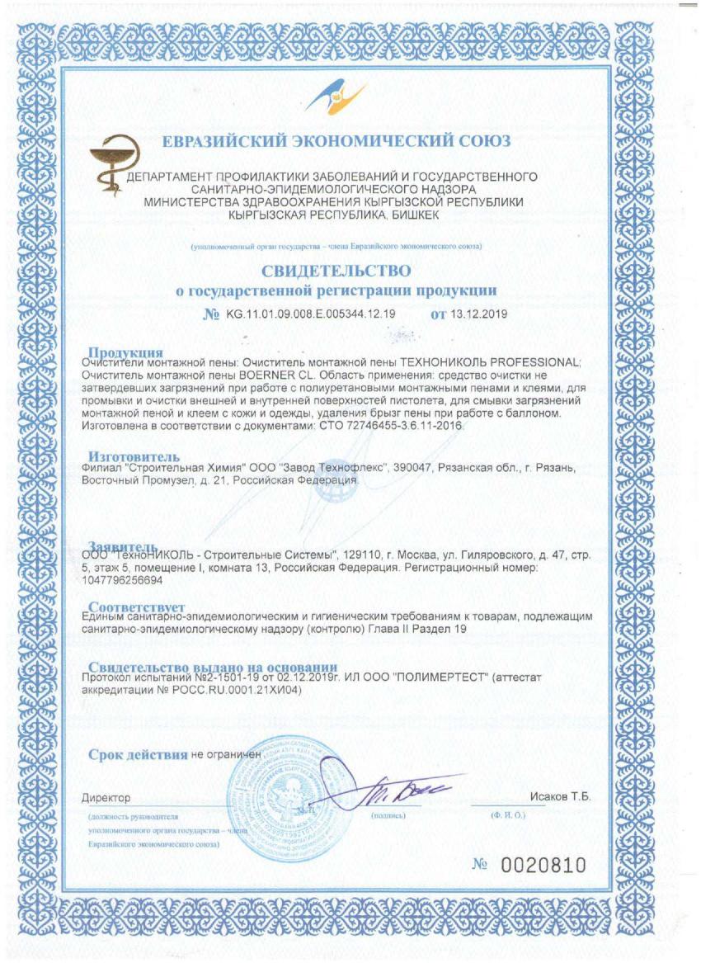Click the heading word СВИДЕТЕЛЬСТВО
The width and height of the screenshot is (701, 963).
tap(336, 271)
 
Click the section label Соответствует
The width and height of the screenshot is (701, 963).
tap(136, 607)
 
